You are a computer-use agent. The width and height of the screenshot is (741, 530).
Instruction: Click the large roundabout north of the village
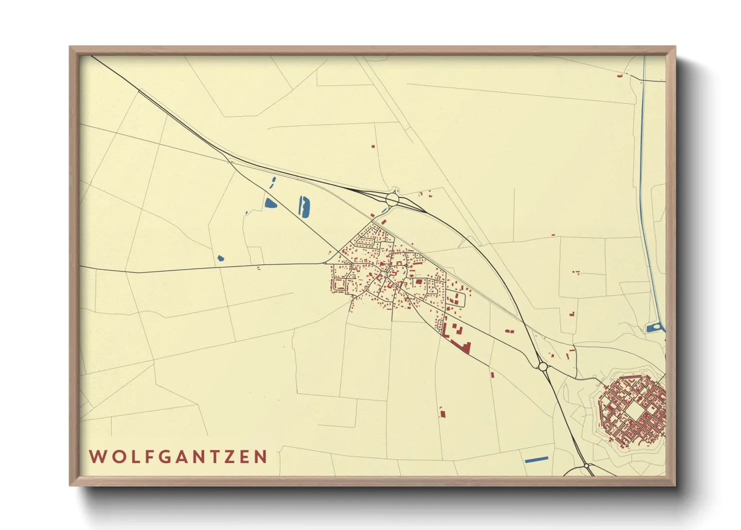[x=392, y=199]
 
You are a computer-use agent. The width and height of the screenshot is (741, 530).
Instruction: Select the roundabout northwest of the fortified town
[x=542, y=367]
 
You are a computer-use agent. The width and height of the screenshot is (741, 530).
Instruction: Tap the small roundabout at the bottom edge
[x=586, y=466]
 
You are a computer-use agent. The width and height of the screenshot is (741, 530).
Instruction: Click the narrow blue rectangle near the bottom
[x=536, y=459]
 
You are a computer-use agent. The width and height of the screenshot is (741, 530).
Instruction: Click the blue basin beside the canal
[x=653, y=329]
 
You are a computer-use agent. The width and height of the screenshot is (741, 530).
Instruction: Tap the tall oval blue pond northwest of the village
[x=304, y=206]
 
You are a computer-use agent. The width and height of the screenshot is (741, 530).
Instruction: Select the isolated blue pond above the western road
[x=221, y=258]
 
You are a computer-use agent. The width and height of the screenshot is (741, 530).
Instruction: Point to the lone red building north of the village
[x=373, y=146]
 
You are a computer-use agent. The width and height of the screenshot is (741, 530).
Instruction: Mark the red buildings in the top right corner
[x=620, y=76]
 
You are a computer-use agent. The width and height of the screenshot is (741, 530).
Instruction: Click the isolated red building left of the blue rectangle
[x=442, y=413]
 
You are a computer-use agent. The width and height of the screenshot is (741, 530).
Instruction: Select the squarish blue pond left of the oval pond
[x=270, y=203]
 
